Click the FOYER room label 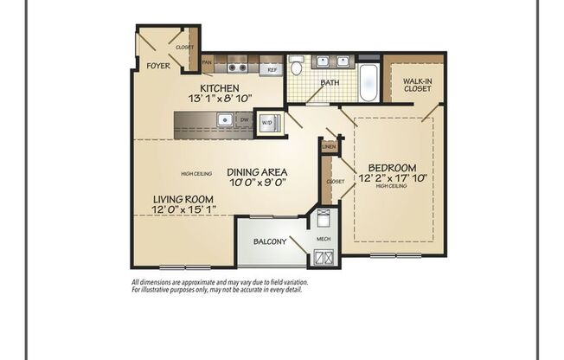click(157, 66)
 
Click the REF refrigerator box click(272, 67)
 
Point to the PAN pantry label click(207, 62)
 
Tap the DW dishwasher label click(245, 119)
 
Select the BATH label click(330, 83)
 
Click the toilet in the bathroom click(297, 66)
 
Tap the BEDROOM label click(392, 168)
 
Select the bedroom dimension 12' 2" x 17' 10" click(392, 179)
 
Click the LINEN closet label click(328, 147)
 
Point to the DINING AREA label click(257, 171)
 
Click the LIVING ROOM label click(183, 199)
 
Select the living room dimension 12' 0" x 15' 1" click(183, 210)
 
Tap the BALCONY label click(270, 241)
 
